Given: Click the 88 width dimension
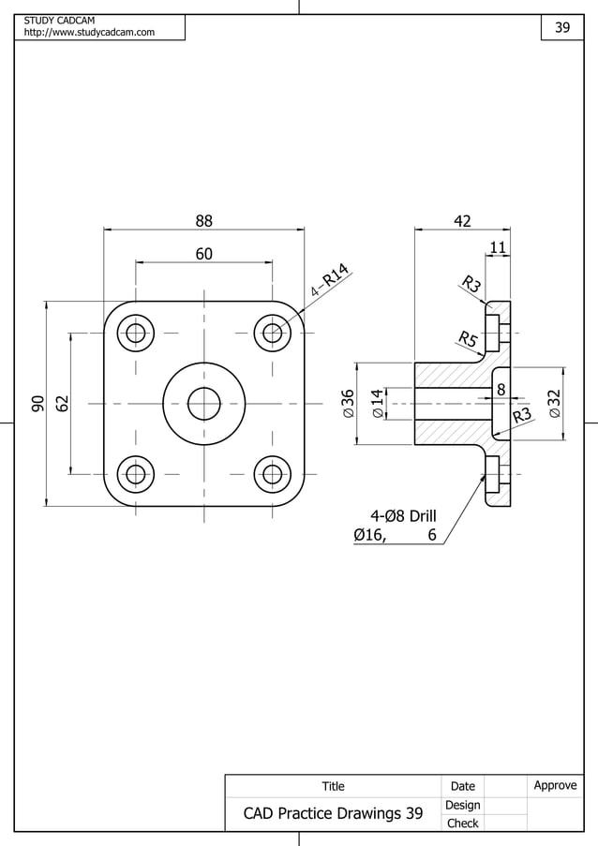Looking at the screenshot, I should click(203, 221).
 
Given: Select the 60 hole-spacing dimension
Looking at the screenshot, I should click(203, 254).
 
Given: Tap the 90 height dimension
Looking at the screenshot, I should click(37, 404).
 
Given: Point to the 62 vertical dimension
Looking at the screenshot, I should click(62, 404).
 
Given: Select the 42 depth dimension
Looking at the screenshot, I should click(462, 221).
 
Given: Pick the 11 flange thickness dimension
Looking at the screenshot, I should click(498, 247).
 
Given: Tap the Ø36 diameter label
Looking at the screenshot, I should click(348, 403).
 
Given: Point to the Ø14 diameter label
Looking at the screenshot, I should click(377, 403).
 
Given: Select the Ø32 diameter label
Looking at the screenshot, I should click(555, 404).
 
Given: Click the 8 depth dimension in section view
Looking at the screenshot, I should click(501, 388).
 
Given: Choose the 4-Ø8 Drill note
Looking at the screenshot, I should click(403, 515).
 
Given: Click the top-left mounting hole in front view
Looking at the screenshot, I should click(136, 334).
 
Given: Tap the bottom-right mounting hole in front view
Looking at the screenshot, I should click(272, 474).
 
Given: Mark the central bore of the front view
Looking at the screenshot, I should click(203, 404).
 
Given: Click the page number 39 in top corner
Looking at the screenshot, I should click(562, 27).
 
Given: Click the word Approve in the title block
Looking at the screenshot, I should click(555, 785).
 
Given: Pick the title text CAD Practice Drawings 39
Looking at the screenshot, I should click(333, 813).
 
